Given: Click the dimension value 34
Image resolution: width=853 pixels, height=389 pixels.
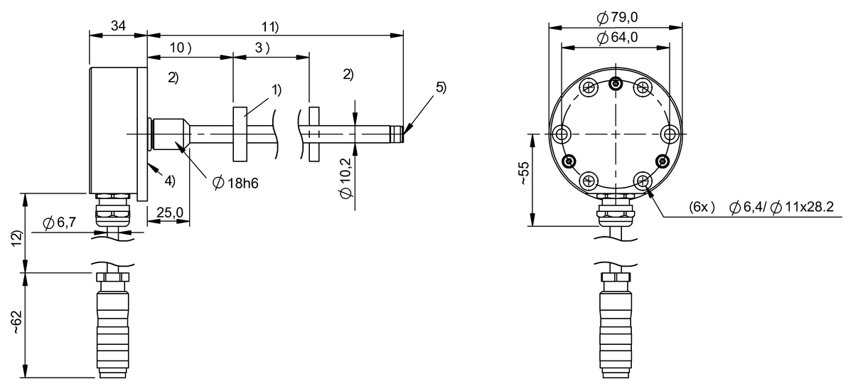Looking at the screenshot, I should click(x=117, y=26).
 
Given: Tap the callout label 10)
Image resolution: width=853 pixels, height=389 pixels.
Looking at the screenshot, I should click(x=181, y=48).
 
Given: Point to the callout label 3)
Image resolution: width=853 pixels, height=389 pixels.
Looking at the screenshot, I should click(x=262, y=48).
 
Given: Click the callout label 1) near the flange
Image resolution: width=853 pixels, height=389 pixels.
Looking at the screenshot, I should click(x=276, y=90).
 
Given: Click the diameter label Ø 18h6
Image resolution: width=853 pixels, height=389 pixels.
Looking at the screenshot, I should click(x=235, y=183).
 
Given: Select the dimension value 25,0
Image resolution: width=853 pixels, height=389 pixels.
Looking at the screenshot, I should click(x=169, y=213).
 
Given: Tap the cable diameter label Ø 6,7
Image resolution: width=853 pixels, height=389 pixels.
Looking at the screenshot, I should click(x=59, y=223).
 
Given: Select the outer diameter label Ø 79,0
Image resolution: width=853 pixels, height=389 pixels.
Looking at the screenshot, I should click(x=616, y=17).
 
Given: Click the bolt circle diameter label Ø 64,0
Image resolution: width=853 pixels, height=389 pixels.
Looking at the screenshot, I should click(x=616, y=38).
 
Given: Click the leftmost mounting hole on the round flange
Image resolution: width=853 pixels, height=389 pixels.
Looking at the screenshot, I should click(x=562, y=134).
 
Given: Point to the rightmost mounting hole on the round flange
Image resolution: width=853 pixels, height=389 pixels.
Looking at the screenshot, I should click(x=669, y=134).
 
